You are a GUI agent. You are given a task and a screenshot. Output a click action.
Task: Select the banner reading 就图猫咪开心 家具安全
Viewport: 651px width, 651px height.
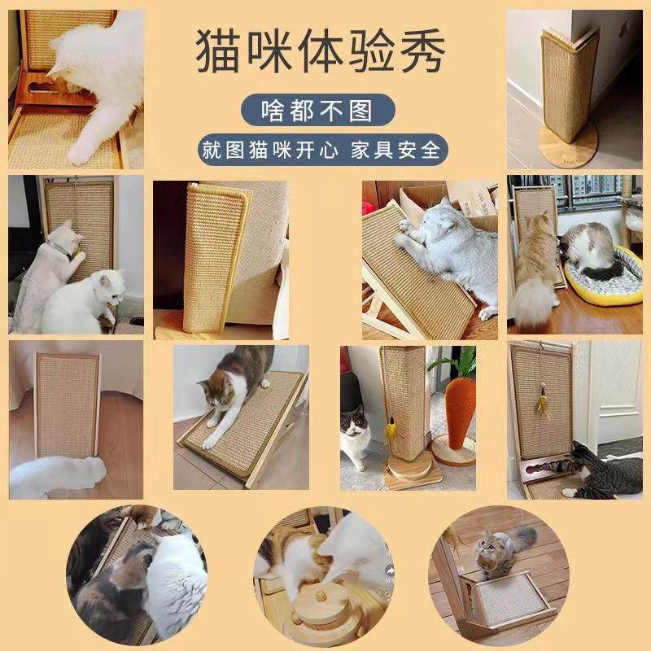(320, 151)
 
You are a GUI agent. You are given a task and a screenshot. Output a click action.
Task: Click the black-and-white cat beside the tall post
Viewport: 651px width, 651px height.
(356, 435)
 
